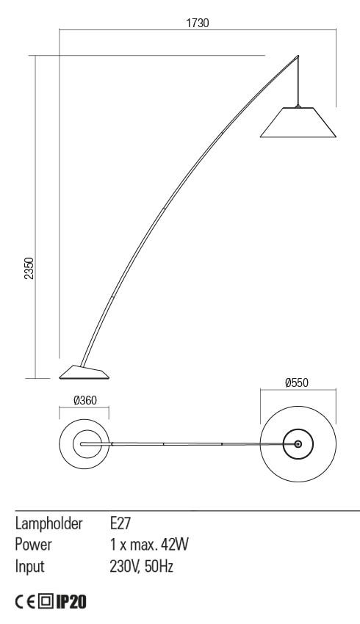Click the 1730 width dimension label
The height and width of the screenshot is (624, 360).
tap(198, 23)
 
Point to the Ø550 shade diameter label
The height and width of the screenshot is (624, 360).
tap(298, 382)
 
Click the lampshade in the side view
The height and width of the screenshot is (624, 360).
tap(298, 123)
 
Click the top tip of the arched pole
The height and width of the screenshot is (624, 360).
tap(298, 56)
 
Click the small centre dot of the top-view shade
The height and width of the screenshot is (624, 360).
tap(298, 444)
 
